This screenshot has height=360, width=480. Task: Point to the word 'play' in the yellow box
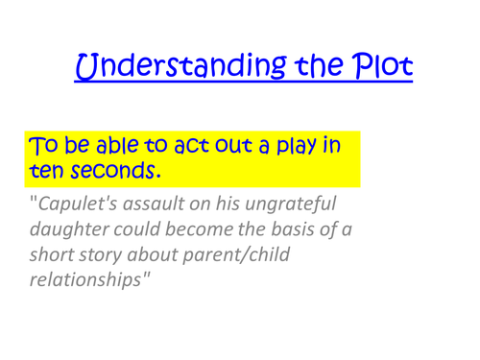[x=291, y=149]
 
